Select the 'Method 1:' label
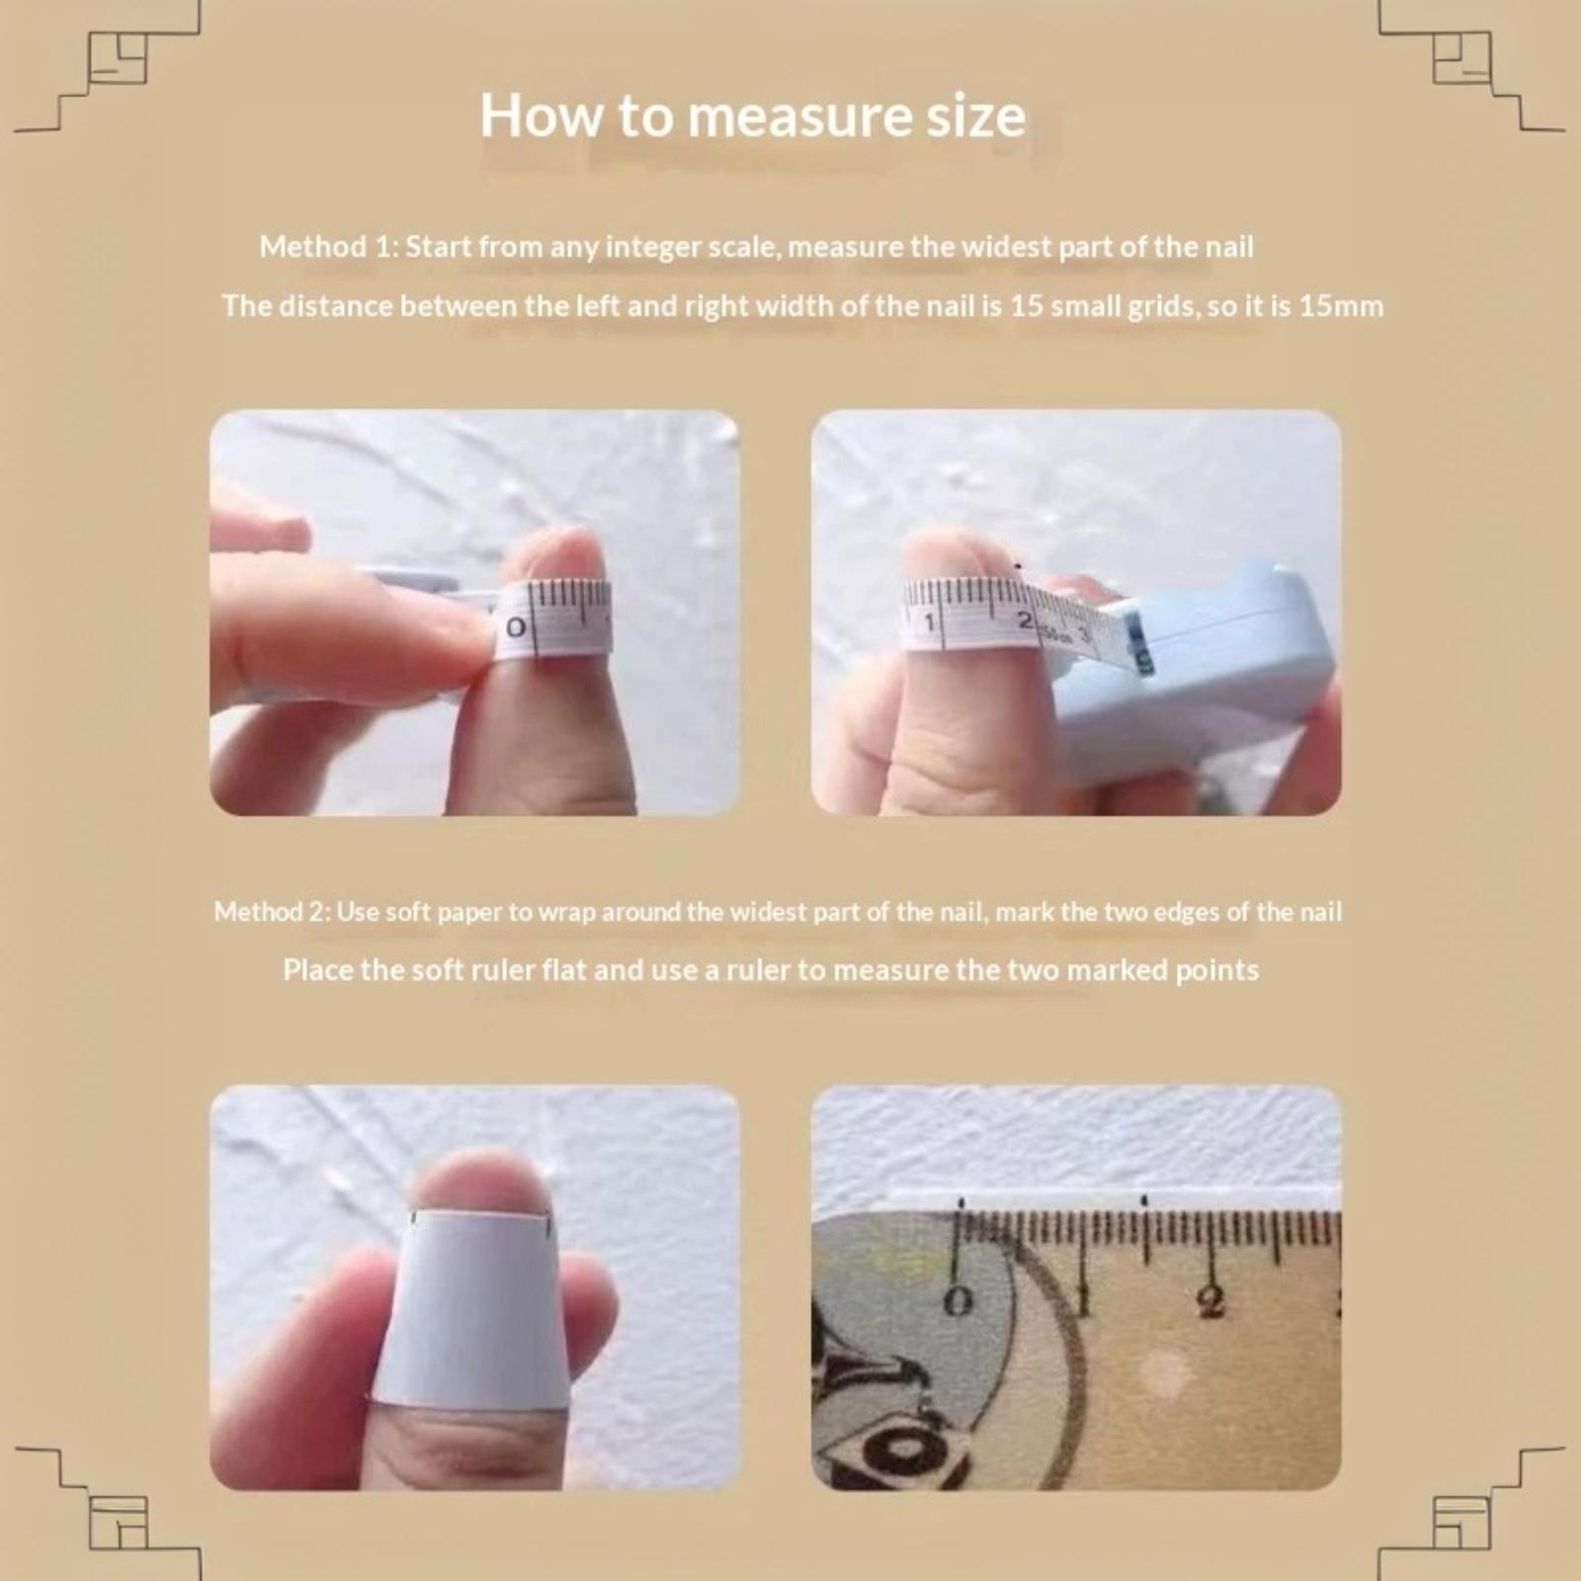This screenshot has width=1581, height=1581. tap(328, 246)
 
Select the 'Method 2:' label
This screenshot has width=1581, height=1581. tap(272, 911)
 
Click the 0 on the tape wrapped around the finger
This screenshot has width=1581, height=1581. tap(516, 627)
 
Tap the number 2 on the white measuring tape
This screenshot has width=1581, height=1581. tap(1025, 621)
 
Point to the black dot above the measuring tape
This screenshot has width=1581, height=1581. tap(1018, 566)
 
